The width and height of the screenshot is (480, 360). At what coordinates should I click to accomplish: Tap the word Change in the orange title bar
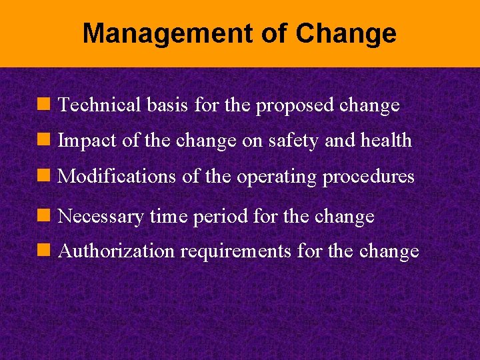[346, 33]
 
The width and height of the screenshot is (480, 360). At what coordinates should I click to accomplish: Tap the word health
[386, 141]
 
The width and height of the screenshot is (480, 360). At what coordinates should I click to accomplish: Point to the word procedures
[369, 177]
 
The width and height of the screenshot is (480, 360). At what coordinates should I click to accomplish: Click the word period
[218, 217]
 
